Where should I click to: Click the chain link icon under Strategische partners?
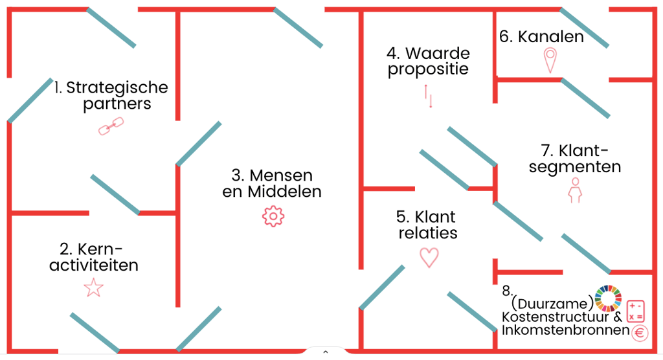[110, 126]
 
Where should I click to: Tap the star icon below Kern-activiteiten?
[94, 287]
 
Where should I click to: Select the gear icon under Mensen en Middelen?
[273, 216]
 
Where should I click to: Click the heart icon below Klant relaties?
[429, 257]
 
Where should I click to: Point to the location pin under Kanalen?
[550, 60]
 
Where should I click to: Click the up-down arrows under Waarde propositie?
[428, 95]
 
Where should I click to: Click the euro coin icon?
[640, 333]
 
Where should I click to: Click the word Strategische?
[117, 87]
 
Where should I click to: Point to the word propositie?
[428, 69]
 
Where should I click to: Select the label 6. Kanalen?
[541, 37]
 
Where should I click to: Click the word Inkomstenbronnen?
[565, 331]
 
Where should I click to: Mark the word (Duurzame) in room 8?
[552, 303]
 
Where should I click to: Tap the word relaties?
[428, 233]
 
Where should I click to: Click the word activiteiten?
[94, 265]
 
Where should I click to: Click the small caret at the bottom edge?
[325, 352]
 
